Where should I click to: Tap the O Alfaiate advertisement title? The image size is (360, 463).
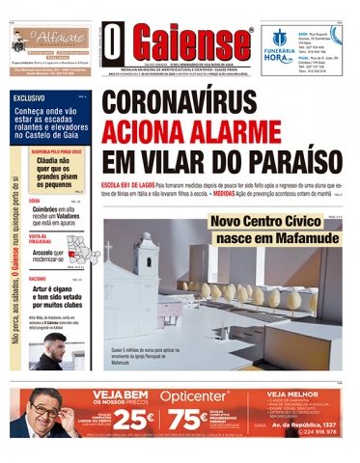[x=50, y=38]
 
